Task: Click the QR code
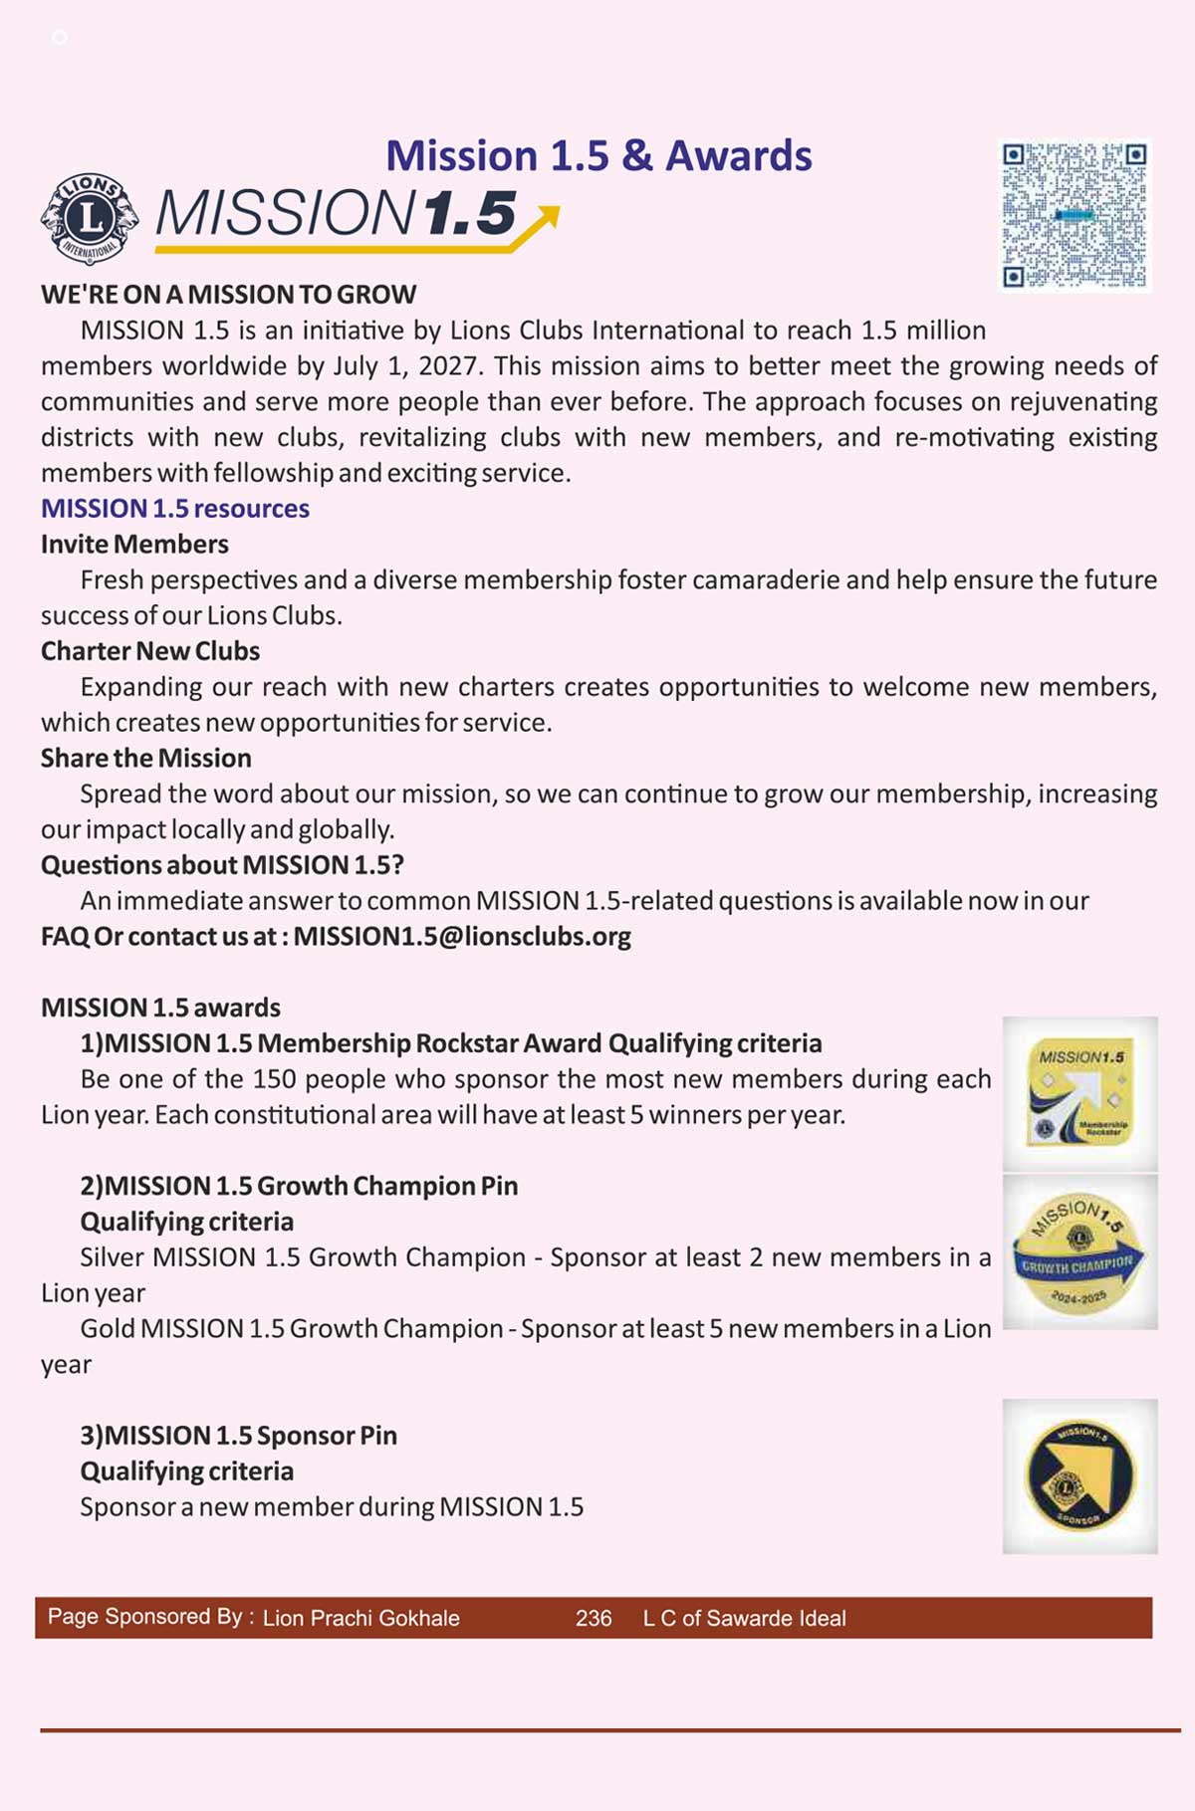(x=1075, y=215)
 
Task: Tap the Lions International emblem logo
(x=90, y=218)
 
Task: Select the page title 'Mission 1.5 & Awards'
(x=598, y=156)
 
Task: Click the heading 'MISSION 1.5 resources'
(x=175, y=509)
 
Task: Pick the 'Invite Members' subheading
(x=134, y=545)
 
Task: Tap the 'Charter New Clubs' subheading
(x=150, y=651)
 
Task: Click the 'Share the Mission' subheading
(x=146, y=759)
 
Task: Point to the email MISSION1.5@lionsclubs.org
(x=462, y=937)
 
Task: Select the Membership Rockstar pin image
(x=1079, y=1093)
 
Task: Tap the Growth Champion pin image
(x=1079, y=1251)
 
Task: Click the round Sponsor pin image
(x=1079, y=1476)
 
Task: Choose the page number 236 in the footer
(x=594, y=1619)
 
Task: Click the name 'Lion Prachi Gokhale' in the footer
(x=361, y=1619)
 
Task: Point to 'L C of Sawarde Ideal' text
(x=745, y=1619)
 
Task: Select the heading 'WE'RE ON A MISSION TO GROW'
(x=229, y=295)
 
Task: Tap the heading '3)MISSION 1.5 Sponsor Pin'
(x=239, y=1436)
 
